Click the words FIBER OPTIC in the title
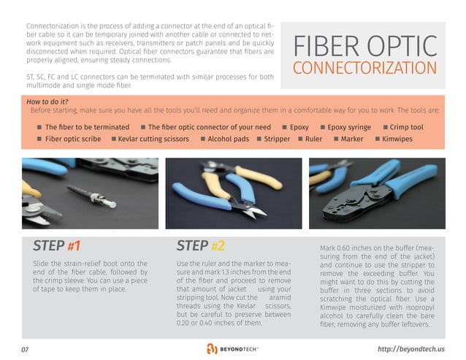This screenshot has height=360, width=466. (364, 47)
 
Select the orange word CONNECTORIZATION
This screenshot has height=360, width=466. (364, 69)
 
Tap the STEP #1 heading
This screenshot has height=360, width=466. (56, 245)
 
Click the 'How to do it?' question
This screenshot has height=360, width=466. (47, 101)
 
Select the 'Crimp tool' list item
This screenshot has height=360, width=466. (406, 127)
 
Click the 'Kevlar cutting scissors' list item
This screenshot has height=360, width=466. (152, 138)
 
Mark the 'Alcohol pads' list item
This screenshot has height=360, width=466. (228, 138)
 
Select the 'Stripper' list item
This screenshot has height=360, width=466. (277, 138)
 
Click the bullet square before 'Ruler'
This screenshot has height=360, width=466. (299, 138)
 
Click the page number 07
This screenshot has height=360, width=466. (25, 349)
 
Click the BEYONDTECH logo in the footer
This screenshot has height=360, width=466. (233, 348)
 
